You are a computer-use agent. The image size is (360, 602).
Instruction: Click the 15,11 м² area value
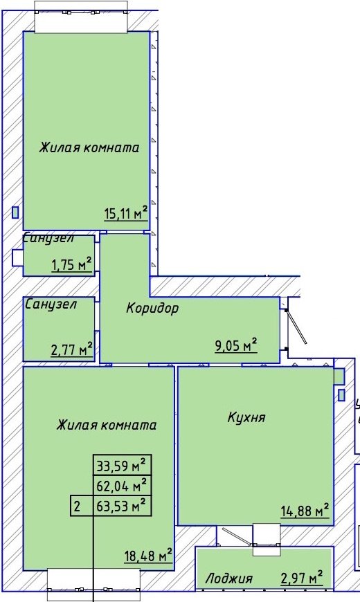[126, 212]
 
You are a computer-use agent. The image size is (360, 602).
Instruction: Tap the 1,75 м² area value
[72, 264]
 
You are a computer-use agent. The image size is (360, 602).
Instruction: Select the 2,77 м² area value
[72, 349]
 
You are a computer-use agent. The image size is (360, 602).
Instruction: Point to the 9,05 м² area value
[236, 345]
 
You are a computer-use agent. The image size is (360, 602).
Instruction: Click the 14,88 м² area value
[305, 511]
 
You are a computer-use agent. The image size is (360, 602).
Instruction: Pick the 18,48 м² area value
[148, 556]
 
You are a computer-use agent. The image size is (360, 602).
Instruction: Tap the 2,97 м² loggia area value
[302, 577]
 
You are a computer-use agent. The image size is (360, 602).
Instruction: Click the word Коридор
[152, 308]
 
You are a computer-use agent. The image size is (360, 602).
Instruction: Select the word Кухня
[246, 417]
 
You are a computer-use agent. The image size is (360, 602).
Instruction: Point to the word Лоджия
[229, 578]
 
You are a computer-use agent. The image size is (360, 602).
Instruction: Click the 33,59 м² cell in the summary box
[122, 465]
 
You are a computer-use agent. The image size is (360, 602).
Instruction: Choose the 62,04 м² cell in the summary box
[122, 486]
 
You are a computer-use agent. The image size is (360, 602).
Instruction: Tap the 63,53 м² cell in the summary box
[122, 506]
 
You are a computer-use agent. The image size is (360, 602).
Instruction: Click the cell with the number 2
[82, 506]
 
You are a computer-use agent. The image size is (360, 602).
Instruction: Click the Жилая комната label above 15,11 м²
[89, 147]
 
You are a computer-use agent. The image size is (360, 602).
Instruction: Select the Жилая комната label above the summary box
[107, 425]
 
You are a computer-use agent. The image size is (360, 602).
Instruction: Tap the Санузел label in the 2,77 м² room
[51, 304]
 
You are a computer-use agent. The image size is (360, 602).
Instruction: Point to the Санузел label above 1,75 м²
[48, 238]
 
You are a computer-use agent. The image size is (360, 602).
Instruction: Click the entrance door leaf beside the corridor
[296, 327]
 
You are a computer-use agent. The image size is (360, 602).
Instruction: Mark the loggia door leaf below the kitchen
[237, 537]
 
